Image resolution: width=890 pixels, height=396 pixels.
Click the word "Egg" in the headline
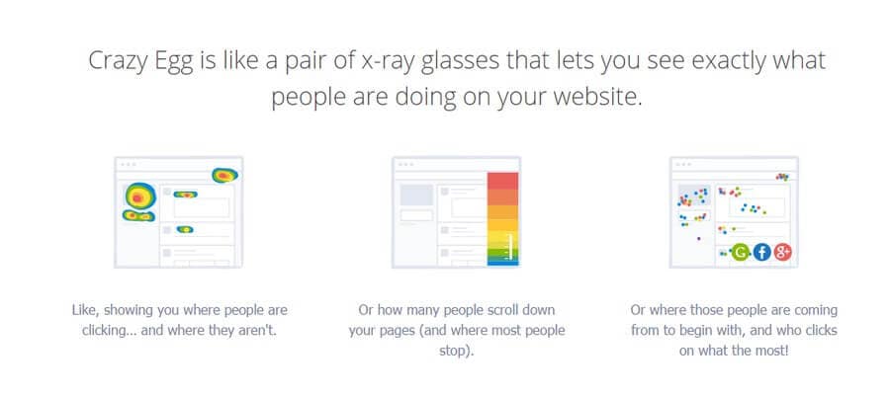pos(174,60)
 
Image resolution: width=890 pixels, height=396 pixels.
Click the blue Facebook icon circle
pos(761,252)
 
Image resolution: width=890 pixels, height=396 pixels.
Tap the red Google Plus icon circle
pos(782,252)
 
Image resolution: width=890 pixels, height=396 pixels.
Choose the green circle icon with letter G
pos(740,252)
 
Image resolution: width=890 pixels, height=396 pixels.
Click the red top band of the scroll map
pos(503,181)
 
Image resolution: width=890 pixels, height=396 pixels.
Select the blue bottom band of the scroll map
pos(503,263)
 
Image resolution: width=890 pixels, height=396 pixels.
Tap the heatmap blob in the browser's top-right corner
pos(224,176)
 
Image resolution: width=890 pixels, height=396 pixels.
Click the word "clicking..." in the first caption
pos(109,330)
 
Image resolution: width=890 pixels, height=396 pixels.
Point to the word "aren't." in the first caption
pos(259,330)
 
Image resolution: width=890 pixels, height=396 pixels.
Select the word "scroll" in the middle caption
pos(495,310)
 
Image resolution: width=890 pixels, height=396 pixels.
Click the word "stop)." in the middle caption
pos(456,351)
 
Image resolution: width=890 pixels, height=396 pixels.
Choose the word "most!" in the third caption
pos(771,351)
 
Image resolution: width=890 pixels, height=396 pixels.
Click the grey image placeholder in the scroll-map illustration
pos(416,195)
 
